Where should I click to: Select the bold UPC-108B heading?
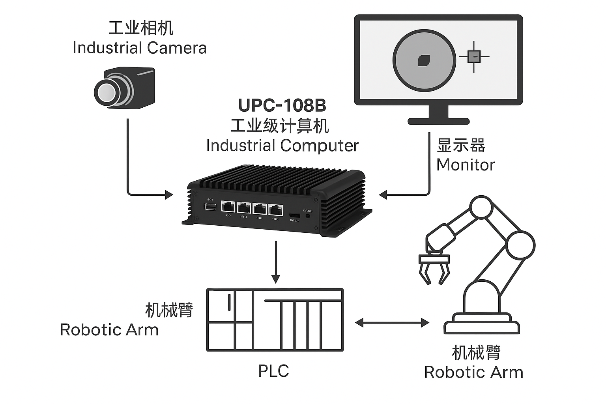point(282,105)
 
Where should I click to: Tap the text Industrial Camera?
point(139,48)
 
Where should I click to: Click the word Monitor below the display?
point(465,165)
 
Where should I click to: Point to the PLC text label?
point(273,371)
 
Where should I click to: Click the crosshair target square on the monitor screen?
point(474,56)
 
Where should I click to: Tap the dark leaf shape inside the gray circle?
point(424,60)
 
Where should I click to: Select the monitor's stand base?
point(438,121)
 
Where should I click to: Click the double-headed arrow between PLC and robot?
point(392,323)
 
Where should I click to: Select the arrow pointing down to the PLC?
point(276,262)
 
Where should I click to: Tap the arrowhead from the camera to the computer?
point(168,195)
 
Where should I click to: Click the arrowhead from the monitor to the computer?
point(383,195)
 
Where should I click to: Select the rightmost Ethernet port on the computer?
point(275,209)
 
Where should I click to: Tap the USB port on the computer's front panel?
point(210,207)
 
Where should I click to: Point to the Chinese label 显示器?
point(460,146)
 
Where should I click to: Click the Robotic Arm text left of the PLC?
point(109,330)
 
